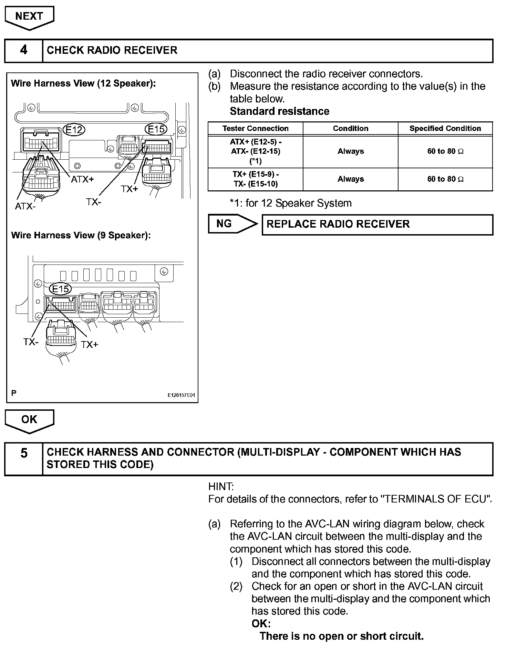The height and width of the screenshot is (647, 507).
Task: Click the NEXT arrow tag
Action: [29, 17]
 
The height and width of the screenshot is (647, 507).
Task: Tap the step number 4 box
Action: [23, 50]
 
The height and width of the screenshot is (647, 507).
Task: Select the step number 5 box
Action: [23, 459]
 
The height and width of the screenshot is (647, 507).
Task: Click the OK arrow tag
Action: [29, 420]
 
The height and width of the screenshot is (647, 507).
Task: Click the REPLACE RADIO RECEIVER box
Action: [377, 225]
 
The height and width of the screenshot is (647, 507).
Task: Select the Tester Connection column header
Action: [255, 129]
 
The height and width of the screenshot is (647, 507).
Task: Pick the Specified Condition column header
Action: [445, 129]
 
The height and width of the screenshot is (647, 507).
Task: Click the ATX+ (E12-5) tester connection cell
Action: [255, 151]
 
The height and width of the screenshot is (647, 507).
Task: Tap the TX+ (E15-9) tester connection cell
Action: [255, 179]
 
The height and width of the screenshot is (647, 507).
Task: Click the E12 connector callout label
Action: [74, 130]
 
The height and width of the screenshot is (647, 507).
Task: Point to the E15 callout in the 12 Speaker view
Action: [156, 129]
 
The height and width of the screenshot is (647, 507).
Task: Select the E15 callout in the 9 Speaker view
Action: [60, 289]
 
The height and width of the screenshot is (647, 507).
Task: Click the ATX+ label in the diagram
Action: [82, 179]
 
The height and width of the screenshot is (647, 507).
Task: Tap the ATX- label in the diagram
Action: [25, 206]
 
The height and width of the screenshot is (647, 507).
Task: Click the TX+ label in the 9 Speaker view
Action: [90, 344]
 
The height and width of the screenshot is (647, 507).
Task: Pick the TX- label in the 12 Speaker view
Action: [94, 202]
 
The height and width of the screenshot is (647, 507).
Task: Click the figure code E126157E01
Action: [181, 395]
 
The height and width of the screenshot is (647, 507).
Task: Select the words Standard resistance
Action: [279, 111]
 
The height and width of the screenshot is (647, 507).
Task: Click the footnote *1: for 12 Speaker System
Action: [291, 203]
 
